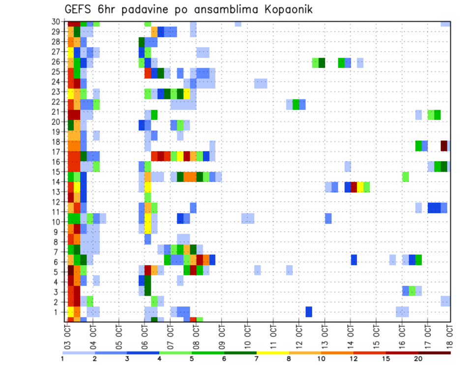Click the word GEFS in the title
coord(80,9)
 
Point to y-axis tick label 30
coord(56,22)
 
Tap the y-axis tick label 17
coord(56,152)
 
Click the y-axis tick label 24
coord(56,82)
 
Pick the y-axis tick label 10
coord(56,222)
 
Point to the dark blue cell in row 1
coord(309,312)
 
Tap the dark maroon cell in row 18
coord(444,146)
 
